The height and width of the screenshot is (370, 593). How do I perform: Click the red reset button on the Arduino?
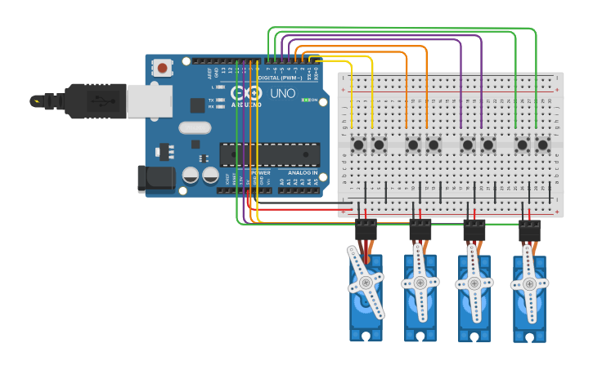coord(164,69)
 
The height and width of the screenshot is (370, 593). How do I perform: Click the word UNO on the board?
coord(282,94)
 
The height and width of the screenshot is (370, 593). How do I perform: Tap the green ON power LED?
coord(306,100)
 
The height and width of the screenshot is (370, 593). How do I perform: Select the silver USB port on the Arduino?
coord(149,100)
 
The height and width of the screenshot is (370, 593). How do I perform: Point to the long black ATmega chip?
coord(269,154)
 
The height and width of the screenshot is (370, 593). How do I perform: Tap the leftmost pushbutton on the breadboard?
coord(358,145)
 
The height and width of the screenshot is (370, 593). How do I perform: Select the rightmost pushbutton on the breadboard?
coord(542,145)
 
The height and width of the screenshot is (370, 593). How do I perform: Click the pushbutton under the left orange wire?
coord(413,145)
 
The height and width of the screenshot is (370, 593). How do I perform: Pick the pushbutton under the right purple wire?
coord(488,145)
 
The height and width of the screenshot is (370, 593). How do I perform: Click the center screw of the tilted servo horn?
coord(365,283)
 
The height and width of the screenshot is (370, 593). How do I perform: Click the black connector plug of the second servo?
coord(420,230)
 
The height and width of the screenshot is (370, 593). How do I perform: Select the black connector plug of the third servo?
coord(474,230)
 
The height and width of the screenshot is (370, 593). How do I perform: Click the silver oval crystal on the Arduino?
coord(195,127)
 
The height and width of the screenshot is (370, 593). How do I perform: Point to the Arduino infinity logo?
coord(243,92)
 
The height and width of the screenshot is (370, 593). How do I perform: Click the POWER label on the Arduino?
coord(261,172)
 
